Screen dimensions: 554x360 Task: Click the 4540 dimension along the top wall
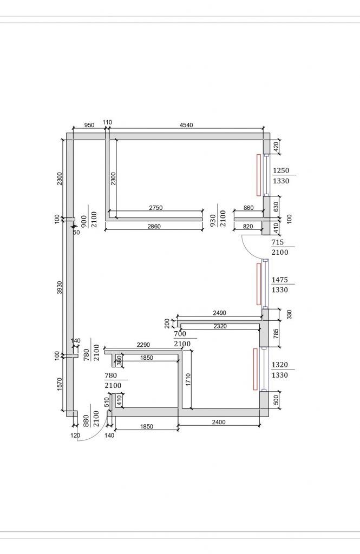click(x=186, y=125)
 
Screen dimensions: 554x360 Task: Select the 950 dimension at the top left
click(x=89, y=125)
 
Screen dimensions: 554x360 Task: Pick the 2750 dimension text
click(x=156, y=208)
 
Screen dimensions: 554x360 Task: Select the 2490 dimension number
click(x=219, y=312)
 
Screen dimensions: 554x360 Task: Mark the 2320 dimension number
click(x=220, y=326)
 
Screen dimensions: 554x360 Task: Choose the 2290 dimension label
click(x=143, y=344)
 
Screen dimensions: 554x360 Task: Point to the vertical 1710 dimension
click(x=188, y=379)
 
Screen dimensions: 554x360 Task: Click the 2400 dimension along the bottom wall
click(x=218, y=422)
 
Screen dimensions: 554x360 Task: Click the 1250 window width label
click(x=281, y=170)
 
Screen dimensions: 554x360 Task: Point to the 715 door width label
click(x=280, y=242)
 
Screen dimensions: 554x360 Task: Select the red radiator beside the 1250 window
click(x=258, y=175)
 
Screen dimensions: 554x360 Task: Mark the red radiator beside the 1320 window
click(x=254, y=369)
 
